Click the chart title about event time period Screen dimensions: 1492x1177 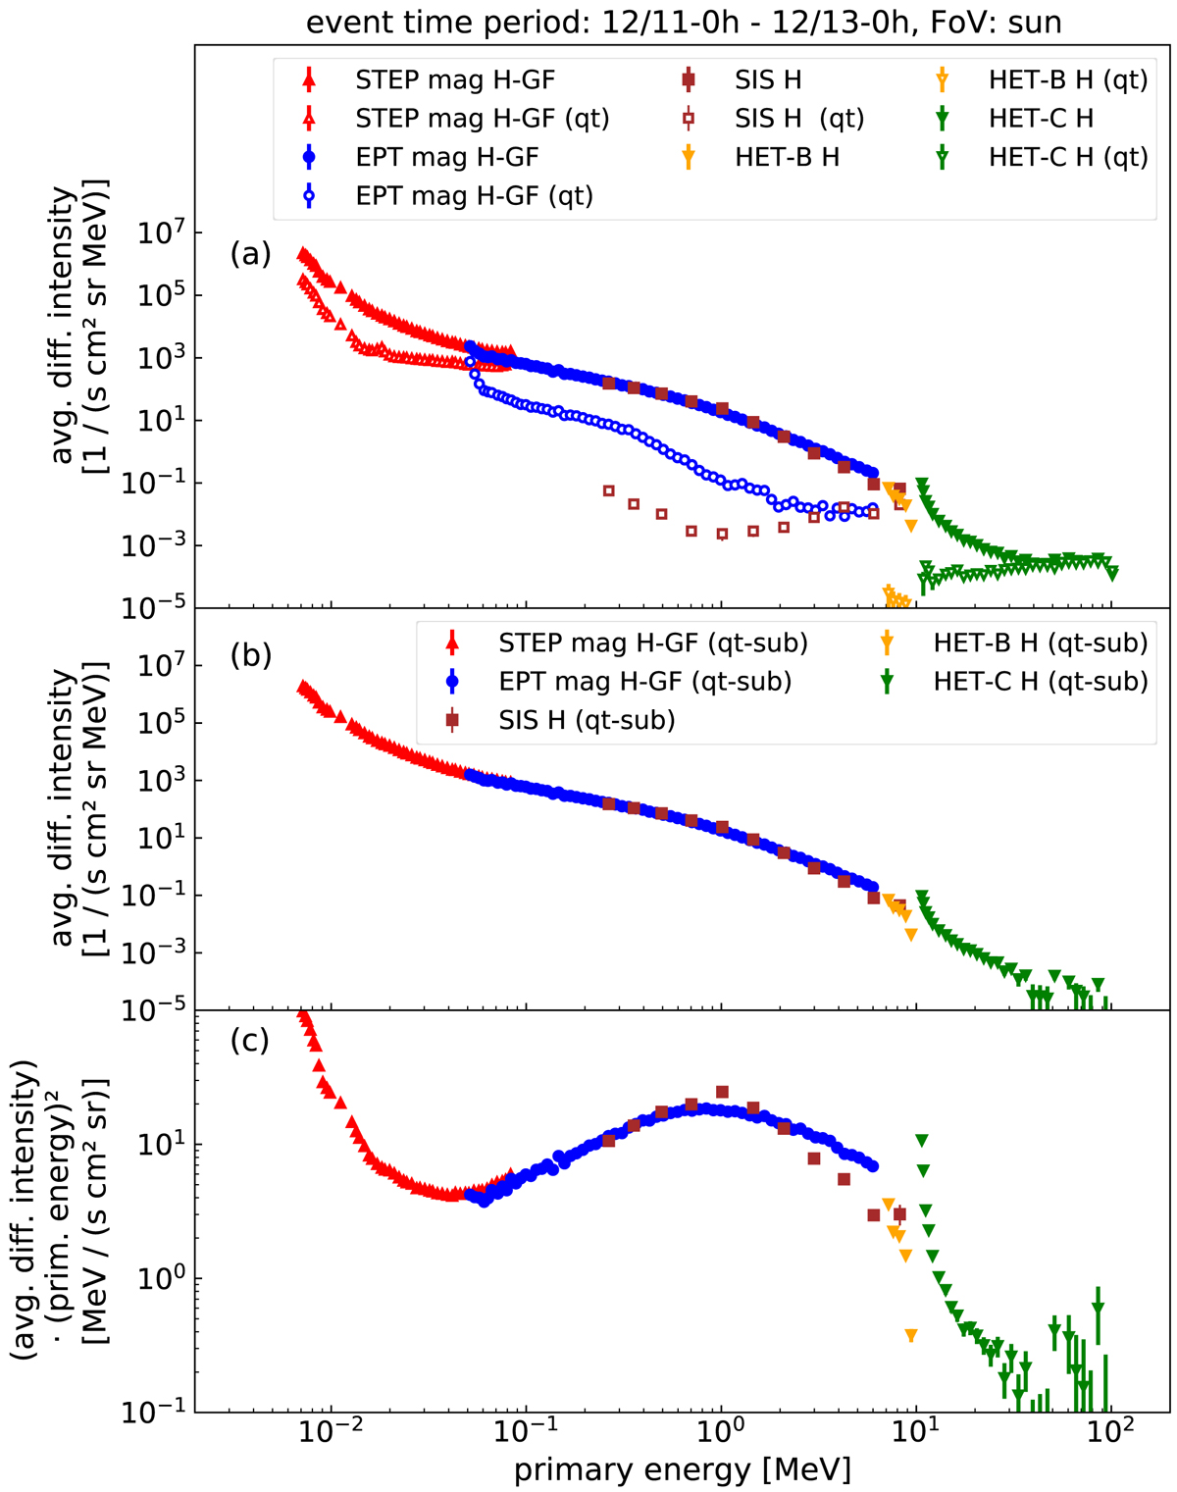(684, 22)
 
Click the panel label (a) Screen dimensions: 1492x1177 (250, 254)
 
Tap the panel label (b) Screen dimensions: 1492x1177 (250, 654)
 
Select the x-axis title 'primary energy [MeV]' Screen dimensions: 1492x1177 (683, 1469)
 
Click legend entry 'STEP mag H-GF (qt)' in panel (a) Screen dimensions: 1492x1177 (482, 119)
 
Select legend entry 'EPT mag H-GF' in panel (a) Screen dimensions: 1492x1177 (446, 157)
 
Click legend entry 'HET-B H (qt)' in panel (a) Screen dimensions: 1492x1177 (1068, 79)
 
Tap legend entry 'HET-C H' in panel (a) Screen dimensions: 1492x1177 (1041, 119)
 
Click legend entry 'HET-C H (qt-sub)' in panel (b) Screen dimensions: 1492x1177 (1041, 682)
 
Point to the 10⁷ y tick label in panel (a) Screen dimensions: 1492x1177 (155, 233)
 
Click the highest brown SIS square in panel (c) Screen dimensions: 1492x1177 (722, 1092)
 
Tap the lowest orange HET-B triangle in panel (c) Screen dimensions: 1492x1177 (911, 1336)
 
